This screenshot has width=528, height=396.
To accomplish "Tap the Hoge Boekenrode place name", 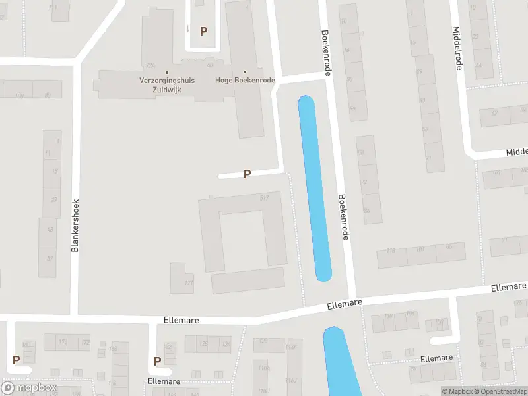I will tap(245, 81).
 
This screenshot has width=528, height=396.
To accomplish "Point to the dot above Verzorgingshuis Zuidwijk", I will tap(166, 72).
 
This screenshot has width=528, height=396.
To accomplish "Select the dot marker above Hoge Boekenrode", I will tap(245, 72).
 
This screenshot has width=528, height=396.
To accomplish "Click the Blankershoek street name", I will tap(75, 225).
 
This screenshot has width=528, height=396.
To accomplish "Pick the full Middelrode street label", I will tap(457, 47).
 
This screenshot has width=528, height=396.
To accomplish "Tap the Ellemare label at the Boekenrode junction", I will tap(346, 304).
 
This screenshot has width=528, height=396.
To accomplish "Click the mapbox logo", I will tap(28, 388).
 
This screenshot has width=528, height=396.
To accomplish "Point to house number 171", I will tap(189, 282).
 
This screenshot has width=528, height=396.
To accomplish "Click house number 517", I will tap(265, 197).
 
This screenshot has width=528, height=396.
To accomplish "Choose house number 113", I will tap(391, 251).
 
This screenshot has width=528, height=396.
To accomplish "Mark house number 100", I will tap(18, 96).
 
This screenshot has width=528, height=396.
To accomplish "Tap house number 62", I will tap(494, 112).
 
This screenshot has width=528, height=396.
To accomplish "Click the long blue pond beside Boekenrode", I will tap(315, 188).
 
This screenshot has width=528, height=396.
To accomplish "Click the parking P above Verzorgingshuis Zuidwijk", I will tap(204, 31).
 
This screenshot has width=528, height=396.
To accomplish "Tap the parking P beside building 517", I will tap(247, 174).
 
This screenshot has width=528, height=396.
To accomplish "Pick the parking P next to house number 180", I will tap(16, 360).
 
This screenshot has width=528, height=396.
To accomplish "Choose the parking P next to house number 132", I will tap(157, 361).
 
